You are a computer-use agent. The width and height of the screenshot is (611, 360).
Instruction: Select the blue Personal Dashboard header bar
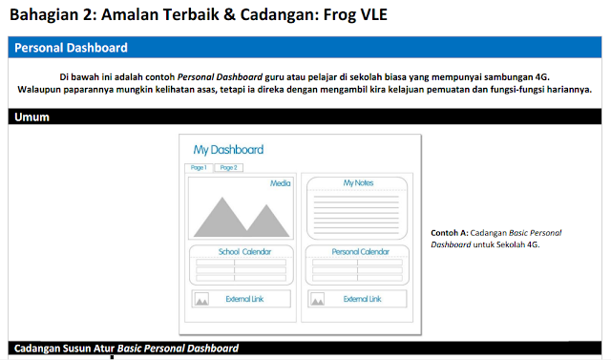click(305, 48)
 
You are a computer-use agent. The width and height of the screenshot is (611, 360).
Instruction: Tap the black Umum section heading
click(305, 117)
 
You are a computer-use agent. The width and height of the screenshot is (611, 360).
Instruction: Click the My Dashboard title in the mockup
click(228, 150)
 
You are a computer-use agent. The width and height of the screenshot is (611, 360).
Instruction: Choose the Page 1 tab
click(198, 167)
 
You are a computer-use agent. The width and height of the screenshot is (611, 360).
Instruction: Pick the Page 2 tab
click(227, 167)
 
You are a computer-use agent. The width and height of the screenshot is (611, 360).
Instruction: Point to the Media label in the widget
click(280, 182)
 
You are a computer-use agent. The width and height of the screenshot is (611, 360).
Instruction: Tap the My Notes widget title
click(358, 182)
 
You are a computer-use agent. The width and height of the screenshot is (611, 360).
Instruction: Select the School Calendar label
click(244, 252)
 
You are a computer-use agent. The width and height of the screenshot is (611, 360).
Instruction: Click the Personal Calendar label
click(358, 252)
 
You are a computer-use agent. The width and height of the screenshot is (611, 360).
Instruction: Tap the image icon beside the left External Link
click(201, 300)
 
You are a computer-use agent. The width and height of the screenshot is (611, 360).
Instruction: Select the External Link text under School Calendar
click(244, 299)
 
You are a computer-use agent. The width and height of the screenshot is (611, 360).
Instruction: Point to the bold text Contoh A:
click(450, 233)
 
